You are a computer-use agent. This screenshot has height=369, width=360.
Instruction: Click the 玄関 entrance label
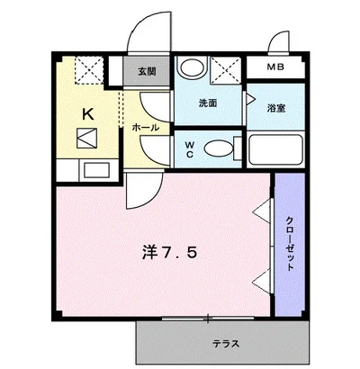click(146, 70)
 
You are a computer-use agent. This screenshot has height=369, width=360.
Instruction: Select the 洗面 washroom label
click(208, 103)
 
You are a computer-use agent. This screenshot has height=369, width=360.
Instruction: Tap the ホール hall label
click(146, 128)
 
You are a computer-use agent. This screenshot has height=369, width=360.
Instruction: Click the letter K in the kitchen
click(88, 114)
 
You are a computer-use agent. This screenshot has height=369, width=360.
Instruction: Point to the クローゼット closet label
click(290, 244)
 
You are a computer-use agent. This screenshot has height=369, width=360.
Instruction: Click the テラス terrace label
click(225, 343)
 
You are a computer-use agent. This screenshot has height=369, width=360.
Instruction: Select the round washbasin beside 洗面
click(191, 67)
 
